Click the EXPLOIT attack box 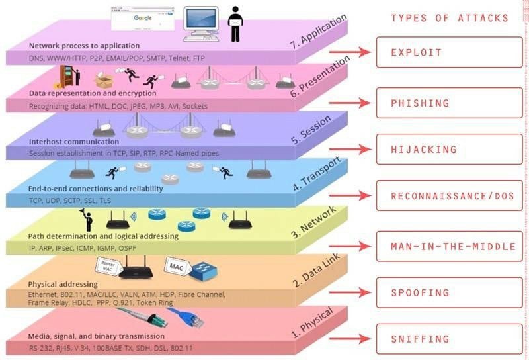click(x=448, y=52)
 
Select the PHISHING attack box click(x=448, y=103)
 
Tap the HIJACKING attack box click(x=448, y=150)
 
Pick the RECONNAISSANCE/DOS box click(x=448, y=197)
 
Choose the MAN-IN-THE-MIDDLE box click(x=448, y=247)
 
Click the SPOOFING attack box click(x=448, y=292)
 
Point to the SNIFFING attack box click(x=448, y=339)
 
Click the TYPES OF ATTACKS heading click(x=449, y=18)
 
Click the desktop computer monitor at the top click(x=201, y=20)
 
